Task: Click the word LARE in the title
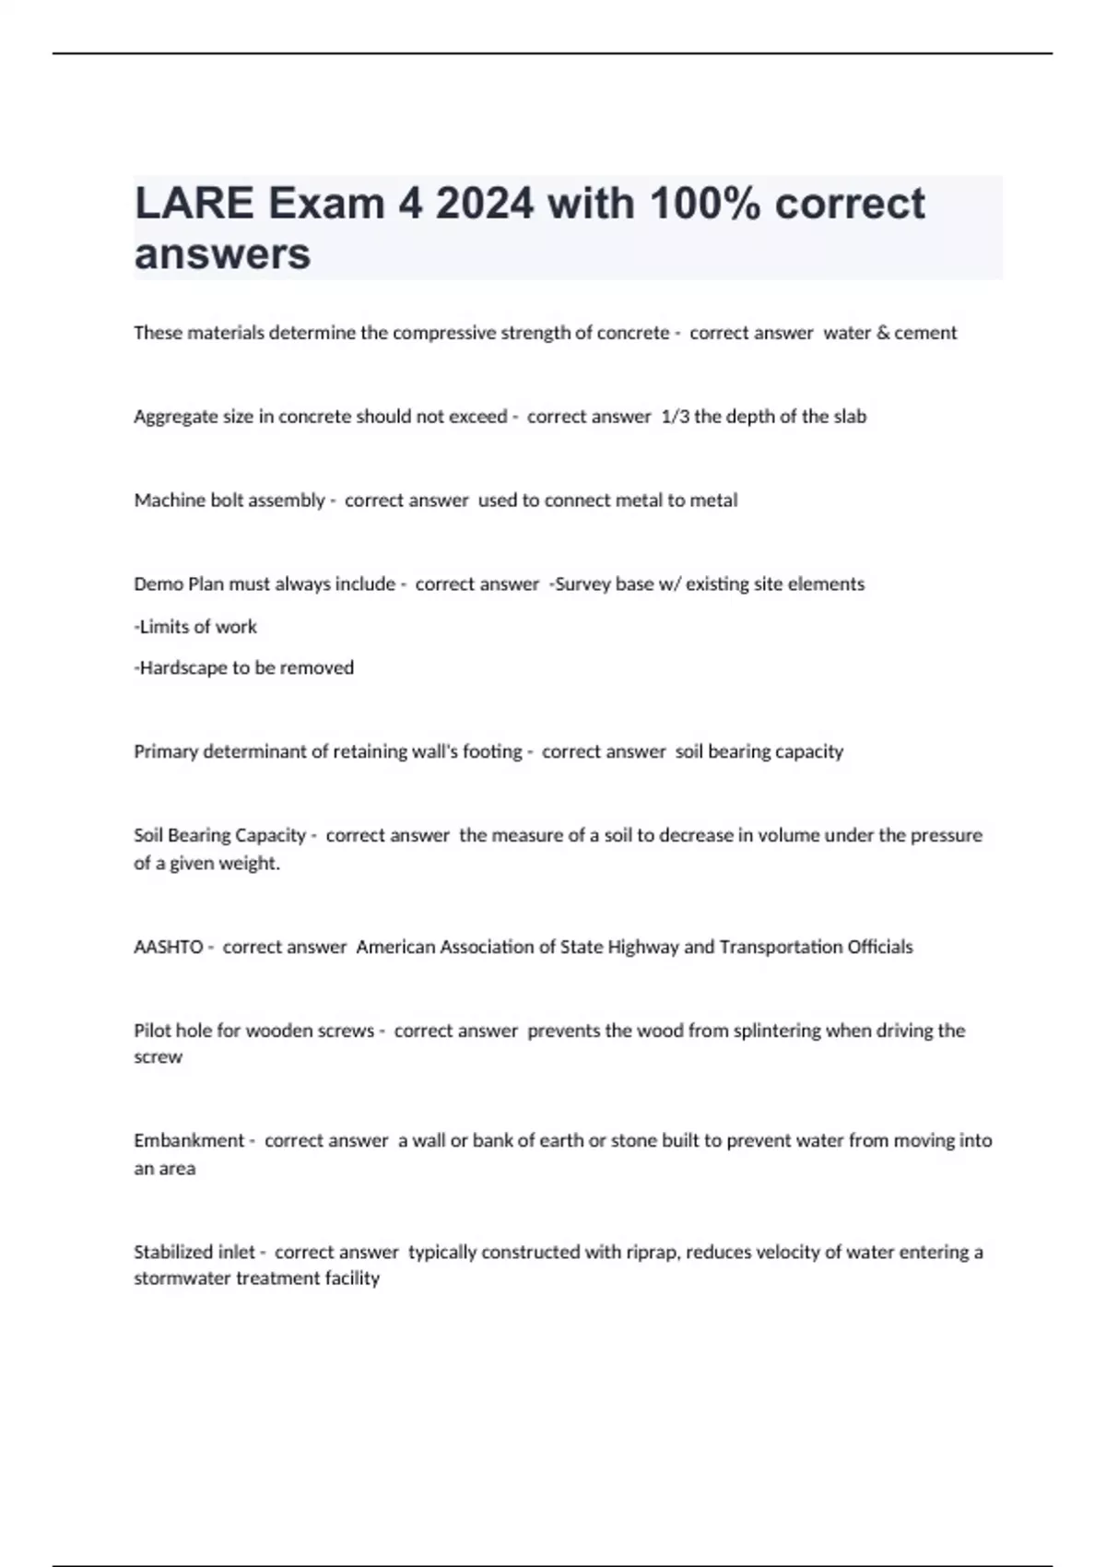click(194, 204)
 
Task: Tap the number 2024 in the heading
click(485, 204)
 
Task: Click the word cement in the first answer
click(925, 333)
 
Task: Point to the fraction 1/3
click(675, 417)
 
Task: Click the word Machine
click(168, 501)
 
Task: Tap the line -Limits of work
click(195, 627)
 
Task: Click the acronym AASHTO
click(168, 948)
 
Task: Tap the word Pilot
click(152, 1031)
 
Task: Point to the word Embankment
click(189, 1141)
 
